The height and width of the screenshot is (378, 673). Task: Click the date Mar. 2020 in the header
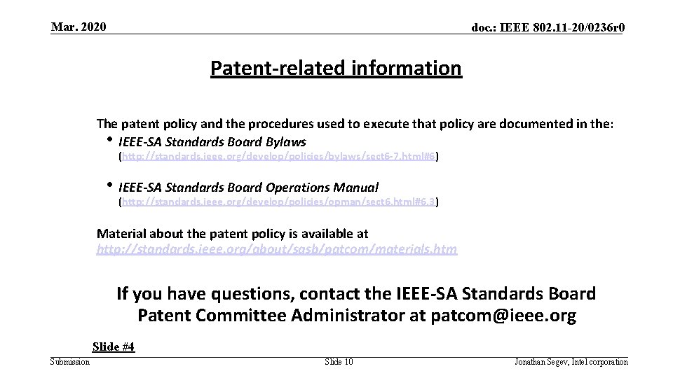click(79, 27)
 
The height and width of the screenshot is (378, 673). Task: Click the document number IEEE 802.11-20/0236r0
click(548, 28)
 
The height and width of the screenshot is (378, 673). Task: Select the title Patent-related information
click(336, 68)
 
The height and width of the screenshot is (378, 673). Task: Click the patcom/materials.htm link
click(276, 248)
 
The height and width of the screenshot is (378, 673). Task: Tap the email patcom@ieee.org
click(503, 316)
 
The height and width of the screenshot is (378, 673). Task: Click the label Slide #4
click(114, 346)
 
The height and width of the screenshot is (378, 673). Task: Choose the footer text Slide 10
click(339, 362)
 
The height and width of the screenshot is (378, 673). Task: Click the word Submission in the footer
click(70, 362)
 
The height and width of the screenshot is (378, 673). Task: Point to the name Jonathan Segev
click(540, 362)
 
